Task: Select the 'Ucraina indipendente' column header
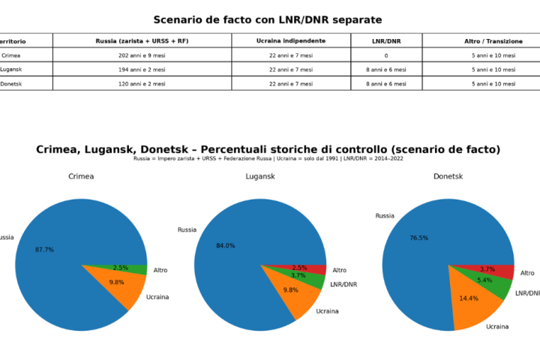pyautogui.click(x=291, y=40)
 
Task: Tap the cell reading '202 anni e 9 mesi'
pyautogui.click(x=142, y=55)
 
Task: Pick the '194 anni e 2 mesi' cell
pyautogui.click(x=142, y=69)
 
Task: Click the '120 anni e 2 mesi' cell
pyautogui.click(x=142, y=83)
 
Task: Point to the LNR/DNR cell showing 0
pyautogui.click(x=385, y=55)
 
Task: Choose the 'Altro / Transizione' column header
pyautogui.click(x=493, y=40)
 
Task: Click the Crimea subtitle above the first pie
pyautogui.click(x=81, y=177)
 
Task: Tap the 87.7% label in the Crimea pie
pyautogui.click(x=44, y=249)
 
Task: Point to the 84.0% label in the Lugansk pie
pyautogui.click(x=225, y=245)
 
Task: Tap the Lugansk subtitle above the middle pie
pyautogui.click(x=259, y=177)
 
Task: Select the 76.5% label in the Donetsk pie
pyautogui.click(x=419, y=238)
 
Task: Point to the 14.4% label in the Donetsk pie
pyautogui.click(x=468, y=298)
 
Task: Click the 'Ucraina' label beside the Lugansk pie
pyautogui.click(x=327, y=311)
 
